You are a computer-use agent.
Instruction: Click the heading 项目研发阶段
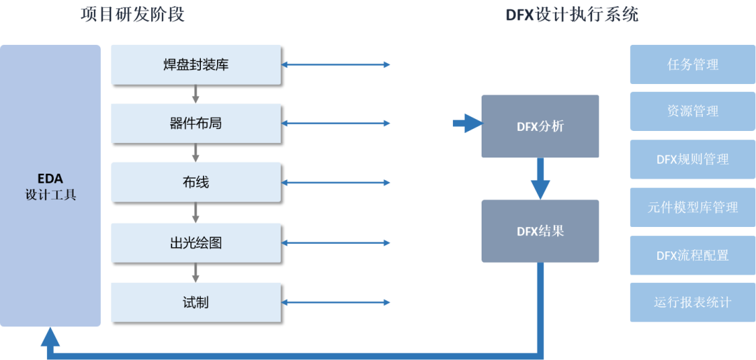[133, 14]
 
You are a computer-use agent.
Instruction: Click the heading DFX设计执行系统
[572, 14]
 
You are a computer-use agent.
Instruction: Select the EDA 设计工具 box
[50, 186]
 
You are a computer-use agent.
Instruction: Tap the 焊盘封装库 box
[195, 65]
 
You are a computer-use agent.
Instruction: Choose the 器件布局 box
[195, 124]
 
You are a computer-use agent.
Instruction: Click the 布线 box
[195, 183]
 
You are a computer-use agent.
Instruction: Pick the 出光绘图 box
[195, 243]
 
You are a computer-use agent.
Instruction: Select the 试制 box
[195, 303]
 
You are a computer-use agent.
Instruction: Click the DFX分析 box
[540, 126]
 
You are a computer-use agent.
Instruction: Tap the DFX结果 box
[540, 231]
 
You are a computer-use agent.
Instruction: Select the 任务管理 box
[693, 64]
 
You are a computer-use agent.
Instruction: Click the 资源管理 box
[693, 111]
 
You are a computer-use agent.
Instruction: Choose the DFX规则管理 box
[693, 159]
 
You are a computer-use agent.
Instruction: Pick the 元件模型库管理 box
[693, 207]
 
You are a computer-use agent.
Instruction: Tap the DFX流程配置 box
[693, 255]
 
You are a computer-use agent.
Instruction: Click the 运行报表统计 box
[693, 303]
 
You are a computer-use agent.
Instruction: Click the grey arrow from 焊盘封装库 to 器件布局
[195, 94]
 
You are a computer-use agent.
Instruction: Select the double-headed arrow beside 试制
[335, 303]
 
